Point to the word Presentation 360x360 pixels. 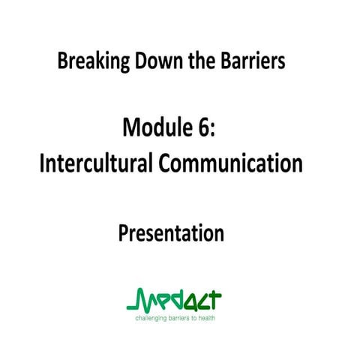[172, 233]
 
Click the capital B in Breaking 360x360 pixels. [62, 61]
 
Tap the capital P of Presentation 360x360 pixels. [123, 233]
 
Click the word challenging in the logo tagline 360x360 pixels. [151, 318]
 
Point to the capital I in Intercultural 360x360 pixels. [43, 163]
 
